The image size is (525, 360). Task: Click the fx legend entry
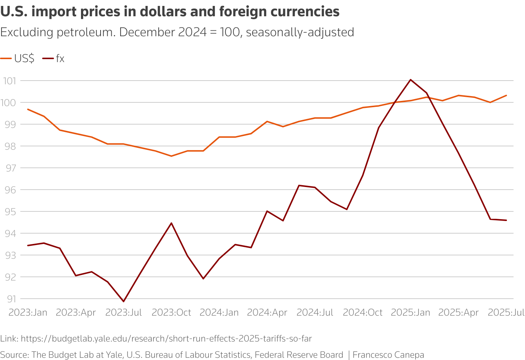click(54, 58)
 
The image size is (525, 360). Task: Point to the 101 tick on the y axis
click(11, 81)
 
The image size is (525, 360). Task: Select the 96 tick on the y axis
click(11, 190)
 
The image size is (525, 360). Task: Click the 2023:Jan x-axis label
click(28, 312)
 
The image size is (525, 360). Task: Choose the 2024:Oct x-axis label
click(363, 312)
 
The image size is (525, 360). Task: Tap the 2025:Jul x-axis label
click(506, 312)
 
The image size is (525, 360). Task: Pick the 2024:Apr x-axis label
click(267, 312)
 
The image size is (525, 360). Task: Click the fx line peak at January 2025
click(410, 79)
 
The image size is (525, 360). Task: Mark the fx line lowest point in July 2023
click(123, 302)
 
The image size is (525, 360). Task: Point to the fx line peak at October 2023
click(171, 223)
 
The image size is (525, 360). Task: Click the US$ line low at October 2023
click(171, 156)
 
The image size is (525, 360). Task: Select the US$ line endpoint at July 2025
click(506, 95)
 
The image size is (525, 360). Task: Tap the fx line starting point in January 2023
click(28, 245)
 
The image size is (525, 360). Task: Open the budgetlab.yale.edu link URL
click(166, 339)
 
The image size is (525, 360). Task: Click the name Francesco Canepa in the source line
click(388, 355)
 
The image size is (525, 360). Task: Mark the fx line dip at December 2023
click(203, 279)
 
